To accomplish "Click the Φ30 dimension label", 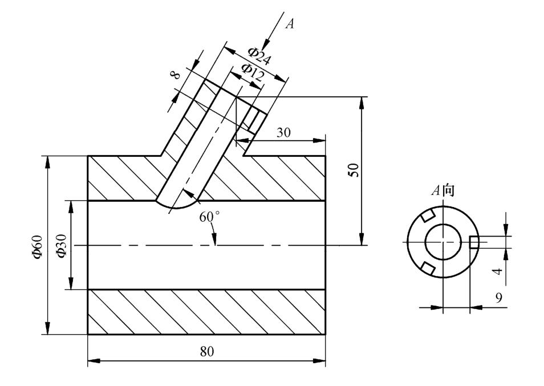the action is [61, 246].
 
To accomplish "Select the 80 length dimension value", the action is [207, 351].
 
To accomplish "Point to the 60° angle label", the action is [209, 217].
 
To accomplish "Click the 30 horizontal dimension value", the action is [283, 132].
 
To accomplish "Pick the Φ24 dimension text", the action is [259, 56].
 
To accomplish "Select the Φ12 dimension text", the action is [252, 72].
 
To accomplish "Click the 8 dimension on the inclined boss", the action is [176, 75].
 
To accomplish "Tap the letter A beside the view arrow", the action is [290, 23].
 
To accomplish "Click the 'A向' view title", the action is [442, 190].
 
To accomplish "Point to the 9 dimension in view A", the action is [498, 298].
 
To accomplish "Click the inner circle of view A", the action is [443, 242].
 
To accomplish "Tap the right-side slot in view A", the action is [474, 242].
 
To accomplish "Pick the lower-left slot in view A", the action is [428, 268].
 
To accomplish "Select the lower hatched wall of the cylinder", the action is [206, 312].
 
